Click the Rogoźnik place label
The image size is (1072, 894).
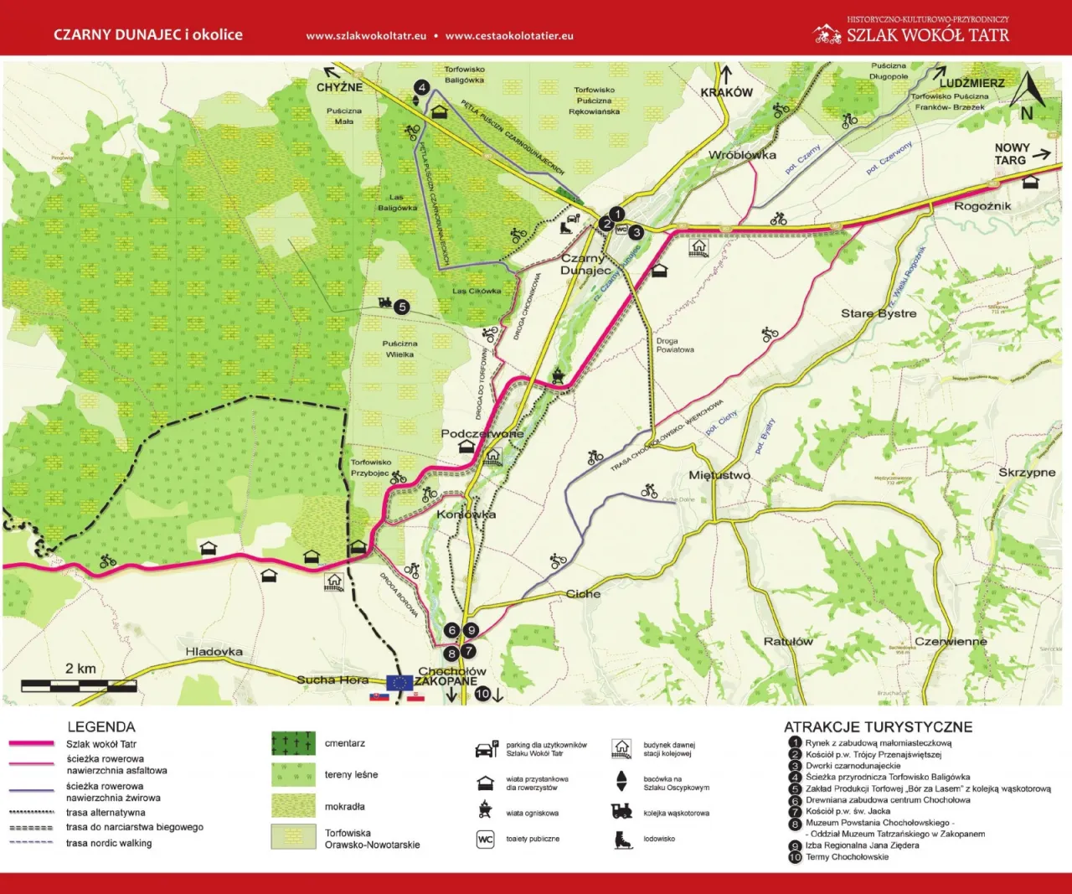click(982, 206)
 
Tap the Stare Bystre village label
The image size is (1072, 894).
click(879, 313)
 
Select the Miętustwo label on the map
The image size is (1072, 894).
click(719, 475)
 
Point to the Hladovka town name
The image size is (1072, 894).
click(214, 651)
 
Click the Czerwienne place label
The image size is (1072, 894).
click(951, 642)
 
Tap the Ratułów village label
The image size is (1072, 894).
click(788, 642)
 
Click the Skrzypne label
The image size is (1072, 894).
click(1027, 473)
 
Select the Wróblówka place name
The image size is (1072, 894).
click(742, 155)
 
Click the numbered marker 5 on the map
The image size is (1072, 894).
click(402, 307)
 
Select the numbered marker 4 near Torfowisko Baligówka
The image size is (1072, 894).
click(422, 88)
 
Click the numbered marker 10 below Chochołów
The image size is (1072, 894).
click(482, 694)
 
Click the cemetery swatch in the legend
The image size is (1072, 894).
click(293, 743)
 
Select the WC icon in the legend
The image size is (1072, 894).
click(485, 839)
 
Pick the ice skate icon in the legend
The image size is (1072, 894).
click(621, 839)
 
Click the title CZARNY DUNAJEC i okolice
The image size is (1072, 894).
click(148, 35)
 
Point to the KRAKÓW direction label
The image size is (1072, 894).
click(726, 92)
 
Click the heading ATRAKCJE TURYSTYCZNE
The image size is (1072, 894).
click(878, 727)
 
